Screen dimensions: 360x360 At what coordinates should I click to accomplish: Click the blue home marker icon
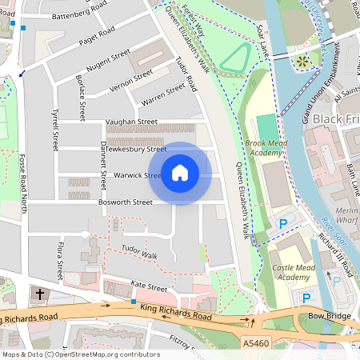coord(180,173)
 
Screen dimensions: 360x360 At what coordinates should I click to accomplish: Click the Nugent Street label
coord(107,60)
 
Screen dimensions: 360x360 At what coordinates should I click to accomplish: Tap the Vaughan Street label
coord(132,122)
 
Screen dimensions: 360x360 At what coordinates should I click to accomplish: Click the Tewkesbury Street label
coord(136,149)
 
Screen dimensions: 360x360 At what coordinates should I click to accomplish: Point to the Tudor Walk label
coord(139,254)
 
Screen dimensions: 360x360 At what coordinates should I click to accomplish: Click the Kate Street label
coord(148,286)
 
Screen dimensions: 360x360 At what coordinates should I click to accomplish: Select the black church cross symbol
coord(40,294)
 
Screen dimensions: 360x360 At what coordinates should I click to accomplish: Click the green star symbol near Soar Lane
coord(302,61)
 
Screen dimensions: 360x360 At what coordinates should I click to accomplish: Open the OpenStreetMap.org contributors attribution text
coord(103,354)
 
